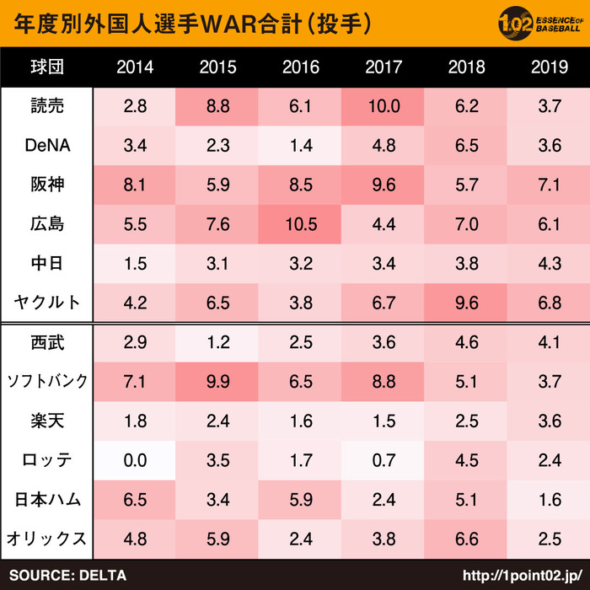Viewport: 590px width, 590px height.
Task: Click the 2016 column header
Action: [x=300, y=67]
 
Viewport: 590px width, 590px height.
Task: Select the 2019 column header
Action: [x=549, y=67]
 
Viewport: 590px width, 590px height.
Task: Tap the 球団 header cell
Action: [x=46, y=67]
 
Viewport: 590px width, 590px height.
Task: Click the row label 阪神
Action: [x=46, y=185]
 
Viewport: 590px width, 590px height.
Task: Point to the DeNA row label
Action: [x=46, y=145]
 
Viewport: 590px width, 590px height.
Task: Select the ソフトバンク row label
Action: [x=46, y=381]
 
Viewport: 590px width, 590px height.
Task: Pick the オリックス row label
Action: [x=46, y=538]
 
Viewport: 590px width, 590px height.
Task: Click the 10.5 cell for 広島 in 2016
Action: [x=300, y=224]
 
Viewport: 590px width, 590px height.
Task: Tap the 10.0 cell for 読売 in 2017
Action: [x=383, y=106]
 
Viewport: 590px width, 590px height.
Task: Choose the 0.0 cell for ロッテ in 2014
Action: [x=135, y=460]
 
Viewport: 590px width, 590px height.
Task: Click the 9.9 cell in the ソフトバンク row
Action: [x=217, y=381]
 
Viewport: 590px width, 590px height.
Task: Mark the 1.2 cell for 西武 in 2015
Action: [x=217, y=342]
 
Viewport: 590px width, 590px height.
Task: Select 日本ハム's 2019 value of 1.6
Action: [x=549, y=499]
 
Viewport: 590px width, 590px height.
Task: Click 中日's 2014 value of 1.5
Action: [x=135, y=263]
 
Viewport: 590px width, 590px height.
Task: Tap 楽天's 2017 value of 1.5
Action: [x=383, y=421]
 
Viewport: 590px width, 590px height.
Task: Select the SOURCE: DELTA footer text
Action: [x=67, y=576]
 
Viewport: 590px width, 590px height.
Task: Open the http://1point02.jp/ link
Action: [x=523, y=576]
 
